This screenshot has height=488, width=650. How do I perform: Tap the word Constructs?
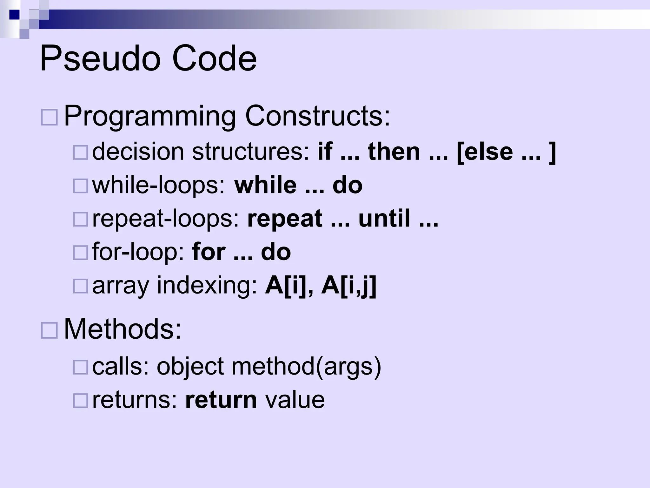(x=317, y=116)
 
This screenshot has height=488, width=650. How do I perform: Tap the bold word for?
(x=209, y=252)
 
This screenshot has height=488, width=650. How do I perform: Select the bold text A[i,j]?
(x=349, y=286)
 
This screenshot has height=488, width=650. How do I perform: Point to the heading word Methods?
(x=123, y=329)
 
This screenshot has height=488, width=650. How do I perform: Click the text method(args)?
(x=306, y=367)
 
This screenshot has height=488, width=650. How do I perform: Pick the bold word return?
(x=221, y=400)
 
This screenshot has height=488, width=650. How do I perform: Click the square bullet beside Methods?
(x=49, y=330)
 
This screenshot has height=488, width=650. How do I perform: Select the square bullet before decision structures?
(x=80, y=152)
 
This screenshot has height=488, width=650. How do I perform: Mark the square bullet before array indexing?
(x=80, y=286)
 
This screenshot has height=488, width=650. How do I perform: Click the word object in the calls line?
(x=190, y=367)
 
